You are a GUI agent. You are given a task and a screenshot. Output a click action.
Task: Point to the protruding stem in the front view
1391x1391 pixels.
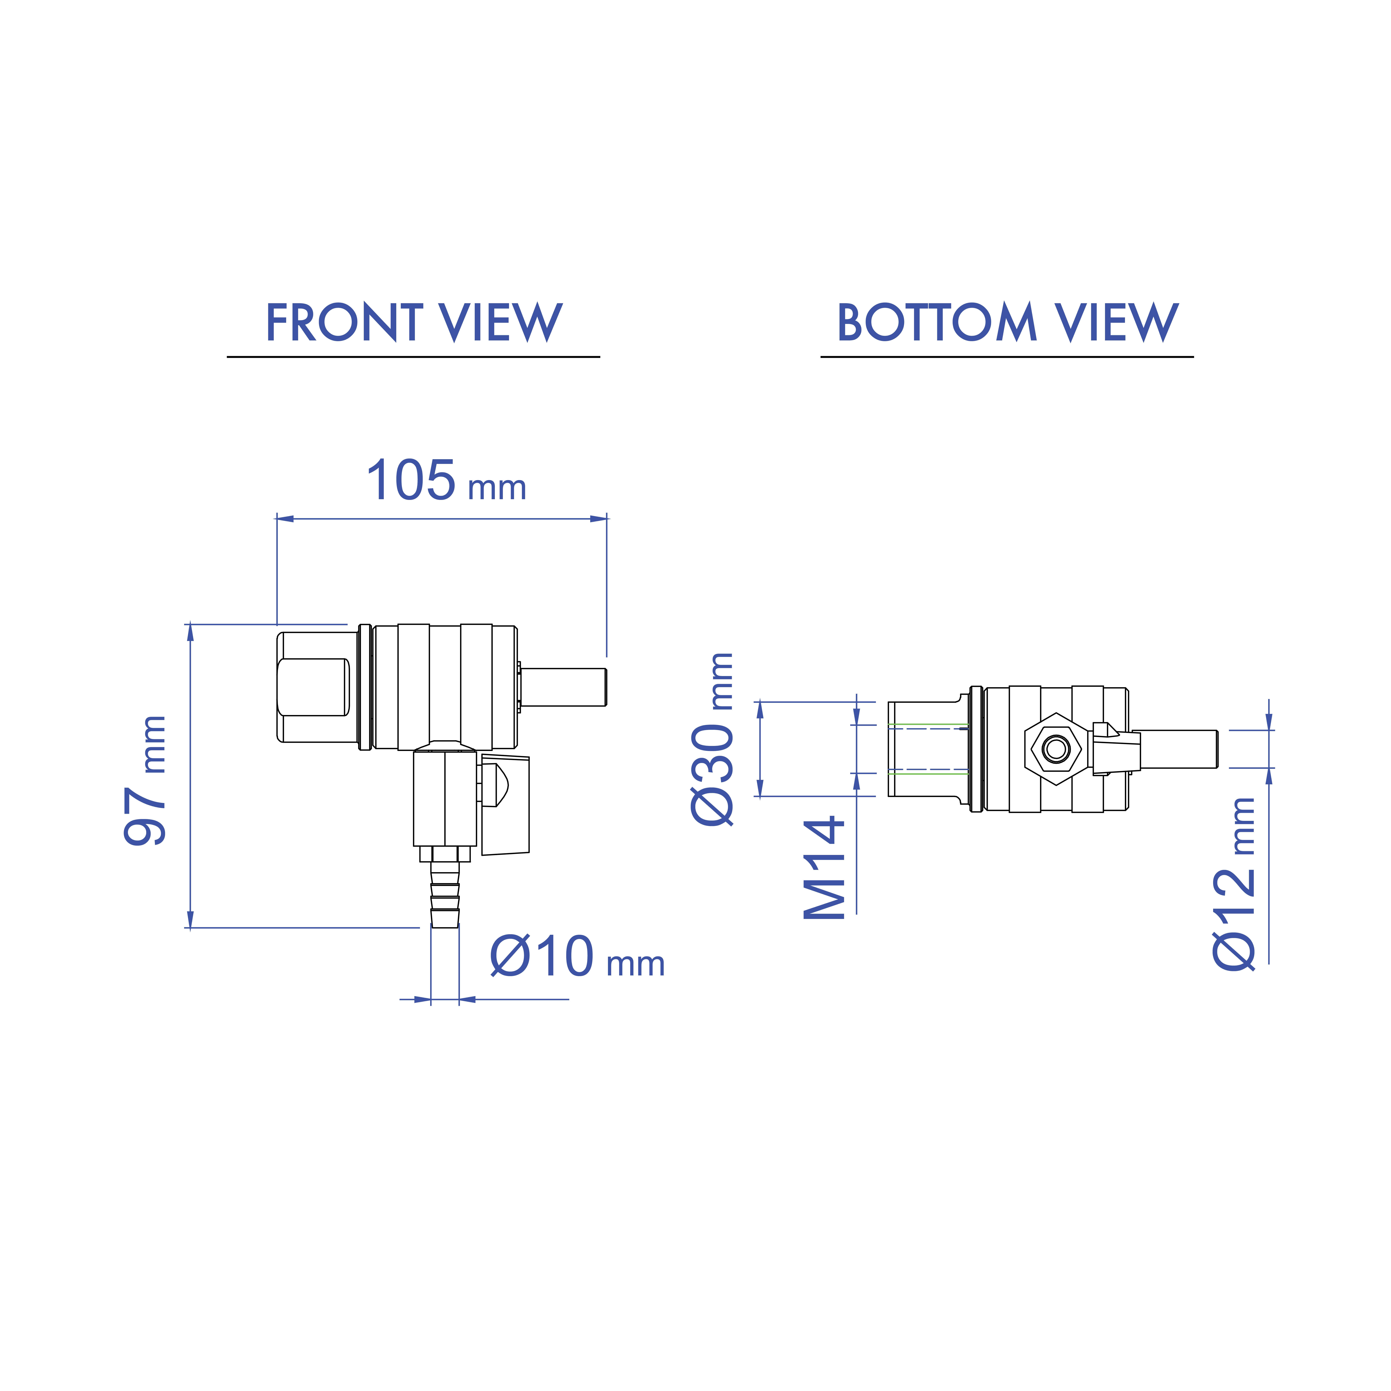coord(563,687)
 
